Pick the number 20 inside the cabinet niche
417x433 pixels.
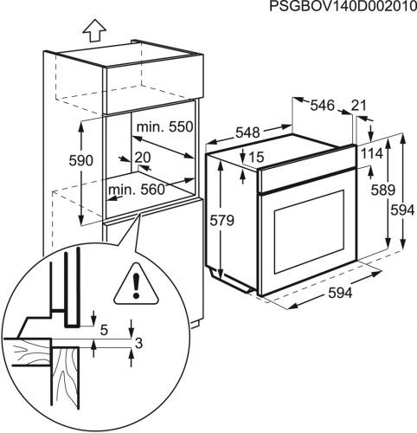click(x=142, y=157)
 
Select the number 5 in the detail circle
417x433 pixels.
click(x=103, y=329)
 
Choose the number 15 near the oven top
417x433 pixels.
click(x=256, y=157)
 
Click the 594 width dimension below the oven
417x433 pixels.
click(x=339, y=293)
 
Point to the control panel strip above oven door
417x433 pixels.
click(x=303, y=179)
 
